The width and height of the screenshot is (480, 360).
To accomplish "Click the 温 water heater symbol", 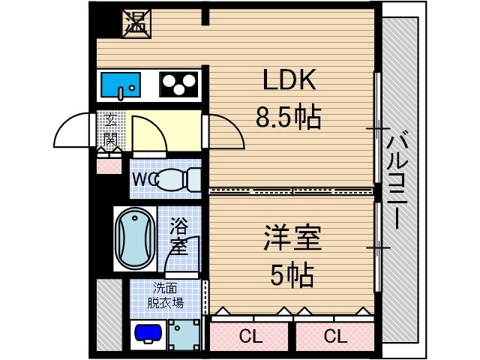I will point(136,23).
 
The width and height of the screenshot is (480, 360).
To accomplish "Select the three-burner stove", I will point(178,84).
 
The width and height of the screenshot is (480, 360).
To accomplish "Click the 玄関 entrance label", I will point(110,130).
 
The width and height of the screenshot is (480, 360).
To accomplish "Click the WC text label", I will point(145,180).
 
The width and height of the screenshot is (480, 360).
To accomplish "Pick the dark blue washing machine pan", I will point(148,332).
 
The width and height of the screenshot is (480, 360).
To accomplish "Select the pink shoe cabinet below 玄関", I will point(109,162).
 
